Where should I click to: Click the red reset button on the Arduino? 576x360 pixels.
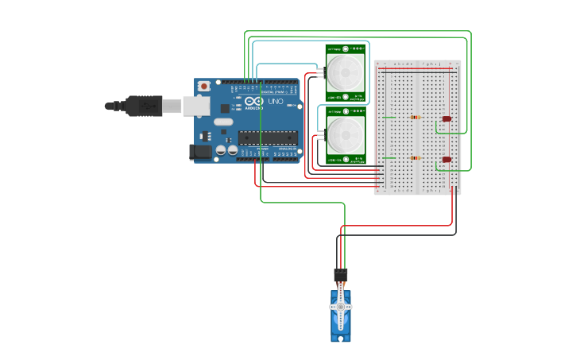click(x=204, y=85)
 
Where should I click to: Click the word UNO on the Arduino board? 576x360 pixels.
click(x=275, y=103)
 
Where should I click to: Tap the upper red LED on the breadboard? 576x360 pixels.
click(x=446, y=119)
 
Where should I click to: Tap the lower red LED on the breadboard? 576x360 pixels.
click(x=446, y=159)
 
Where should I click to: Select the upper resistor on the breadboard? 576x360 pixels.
click(x=415, y=118)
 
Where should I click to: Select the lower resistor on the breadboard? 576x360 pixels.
click(x=415, y=157)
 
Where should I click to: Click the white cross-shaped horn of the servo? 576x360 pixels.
click(x=341, y=307)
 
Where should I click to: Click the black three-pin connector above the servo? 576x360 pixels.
click(x=341, y=274)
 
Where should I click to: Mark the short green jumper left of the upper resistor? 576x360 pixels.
click(x=389, y=118)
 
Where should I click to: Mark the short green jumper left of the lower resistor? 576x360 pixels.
click(x=389, y=157)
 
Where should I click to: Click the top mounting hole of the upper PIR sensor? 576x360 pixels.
click(x=346, y=48)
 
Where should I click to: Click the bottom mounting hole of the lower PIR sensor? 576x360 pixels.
click(x=346, y=160)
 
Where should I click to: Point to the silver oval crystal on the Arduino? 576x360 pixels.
click(x=222, y=122)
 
